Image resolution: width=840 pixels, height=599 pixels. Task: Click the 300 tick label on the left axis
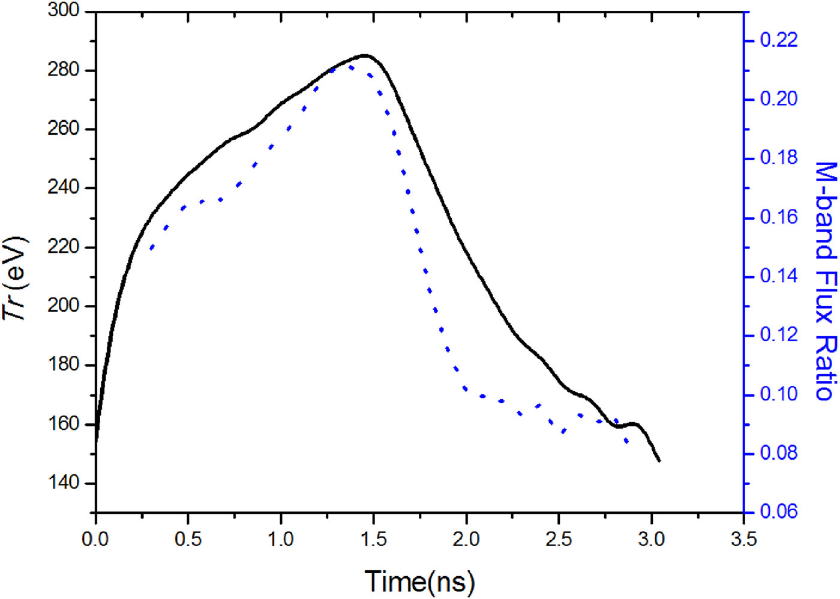(63, 11)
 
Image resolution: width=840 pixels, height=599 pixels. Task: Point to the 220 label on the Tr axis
(63, 247)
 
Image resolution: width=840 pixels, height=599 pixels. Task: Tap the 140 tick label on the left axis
(63, 483)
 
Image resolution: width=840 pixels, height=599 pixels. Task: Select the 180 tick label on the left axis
(63, 364)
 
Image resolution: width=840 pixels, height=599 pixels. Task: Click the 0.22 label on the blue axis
(779, 40)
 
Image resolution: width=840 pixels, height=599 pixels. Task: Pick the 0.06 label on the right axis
(779, 511)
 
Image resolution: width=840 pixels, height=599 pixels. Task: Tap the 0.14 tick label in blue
(779, 276)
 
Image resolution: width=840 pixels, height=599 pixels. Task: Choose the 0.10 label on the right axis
(779, 394)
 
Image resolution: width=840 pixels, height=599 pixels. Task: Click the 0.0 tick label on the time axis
(95, 539)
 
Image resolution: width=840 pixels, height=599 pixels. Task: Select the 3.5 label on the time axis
(743, 539)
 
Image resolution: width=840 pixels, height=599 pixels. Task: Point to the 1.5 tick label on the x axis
(373, 539)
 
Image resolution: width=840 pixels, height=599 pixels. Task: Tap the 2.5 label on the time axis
(559, 539)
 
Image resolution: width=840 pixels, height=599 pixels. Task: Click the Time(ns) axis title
(419, 581)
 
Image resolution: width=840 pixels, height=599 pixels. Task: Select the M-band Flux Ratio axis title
(826, 280)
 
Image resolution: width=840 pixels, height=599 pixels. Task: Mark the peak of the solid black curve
(364, 55)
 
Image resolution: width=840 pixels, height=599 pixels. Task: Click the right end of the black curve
(659, 460)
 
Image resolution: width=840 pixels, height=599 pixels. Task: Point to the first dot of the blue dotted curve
(151, 248)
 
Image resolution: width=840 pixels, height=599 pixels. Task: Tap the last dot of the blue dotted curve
(627, 442)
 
